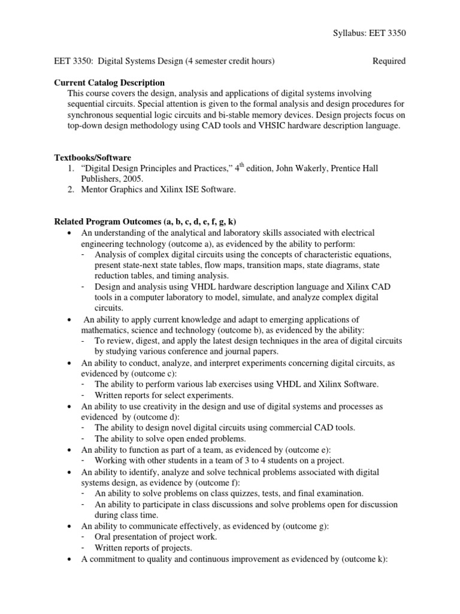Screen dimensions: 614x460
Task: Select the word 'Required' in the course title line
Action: (389, 61)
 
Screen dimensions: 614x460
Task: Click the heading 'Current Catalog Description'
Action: (110, 82)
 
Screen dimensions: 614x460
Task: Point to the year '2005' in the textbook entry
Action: (132, 179)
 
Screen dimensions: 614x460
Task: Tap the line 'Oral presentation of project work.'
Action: (156, 537)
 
